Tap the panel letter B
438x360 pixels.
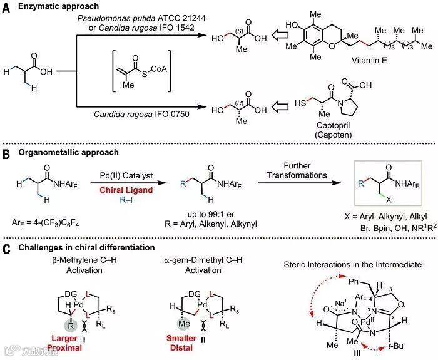click(x=6, y=152)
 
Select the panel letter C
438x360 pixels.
click(x=6, y=248)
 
